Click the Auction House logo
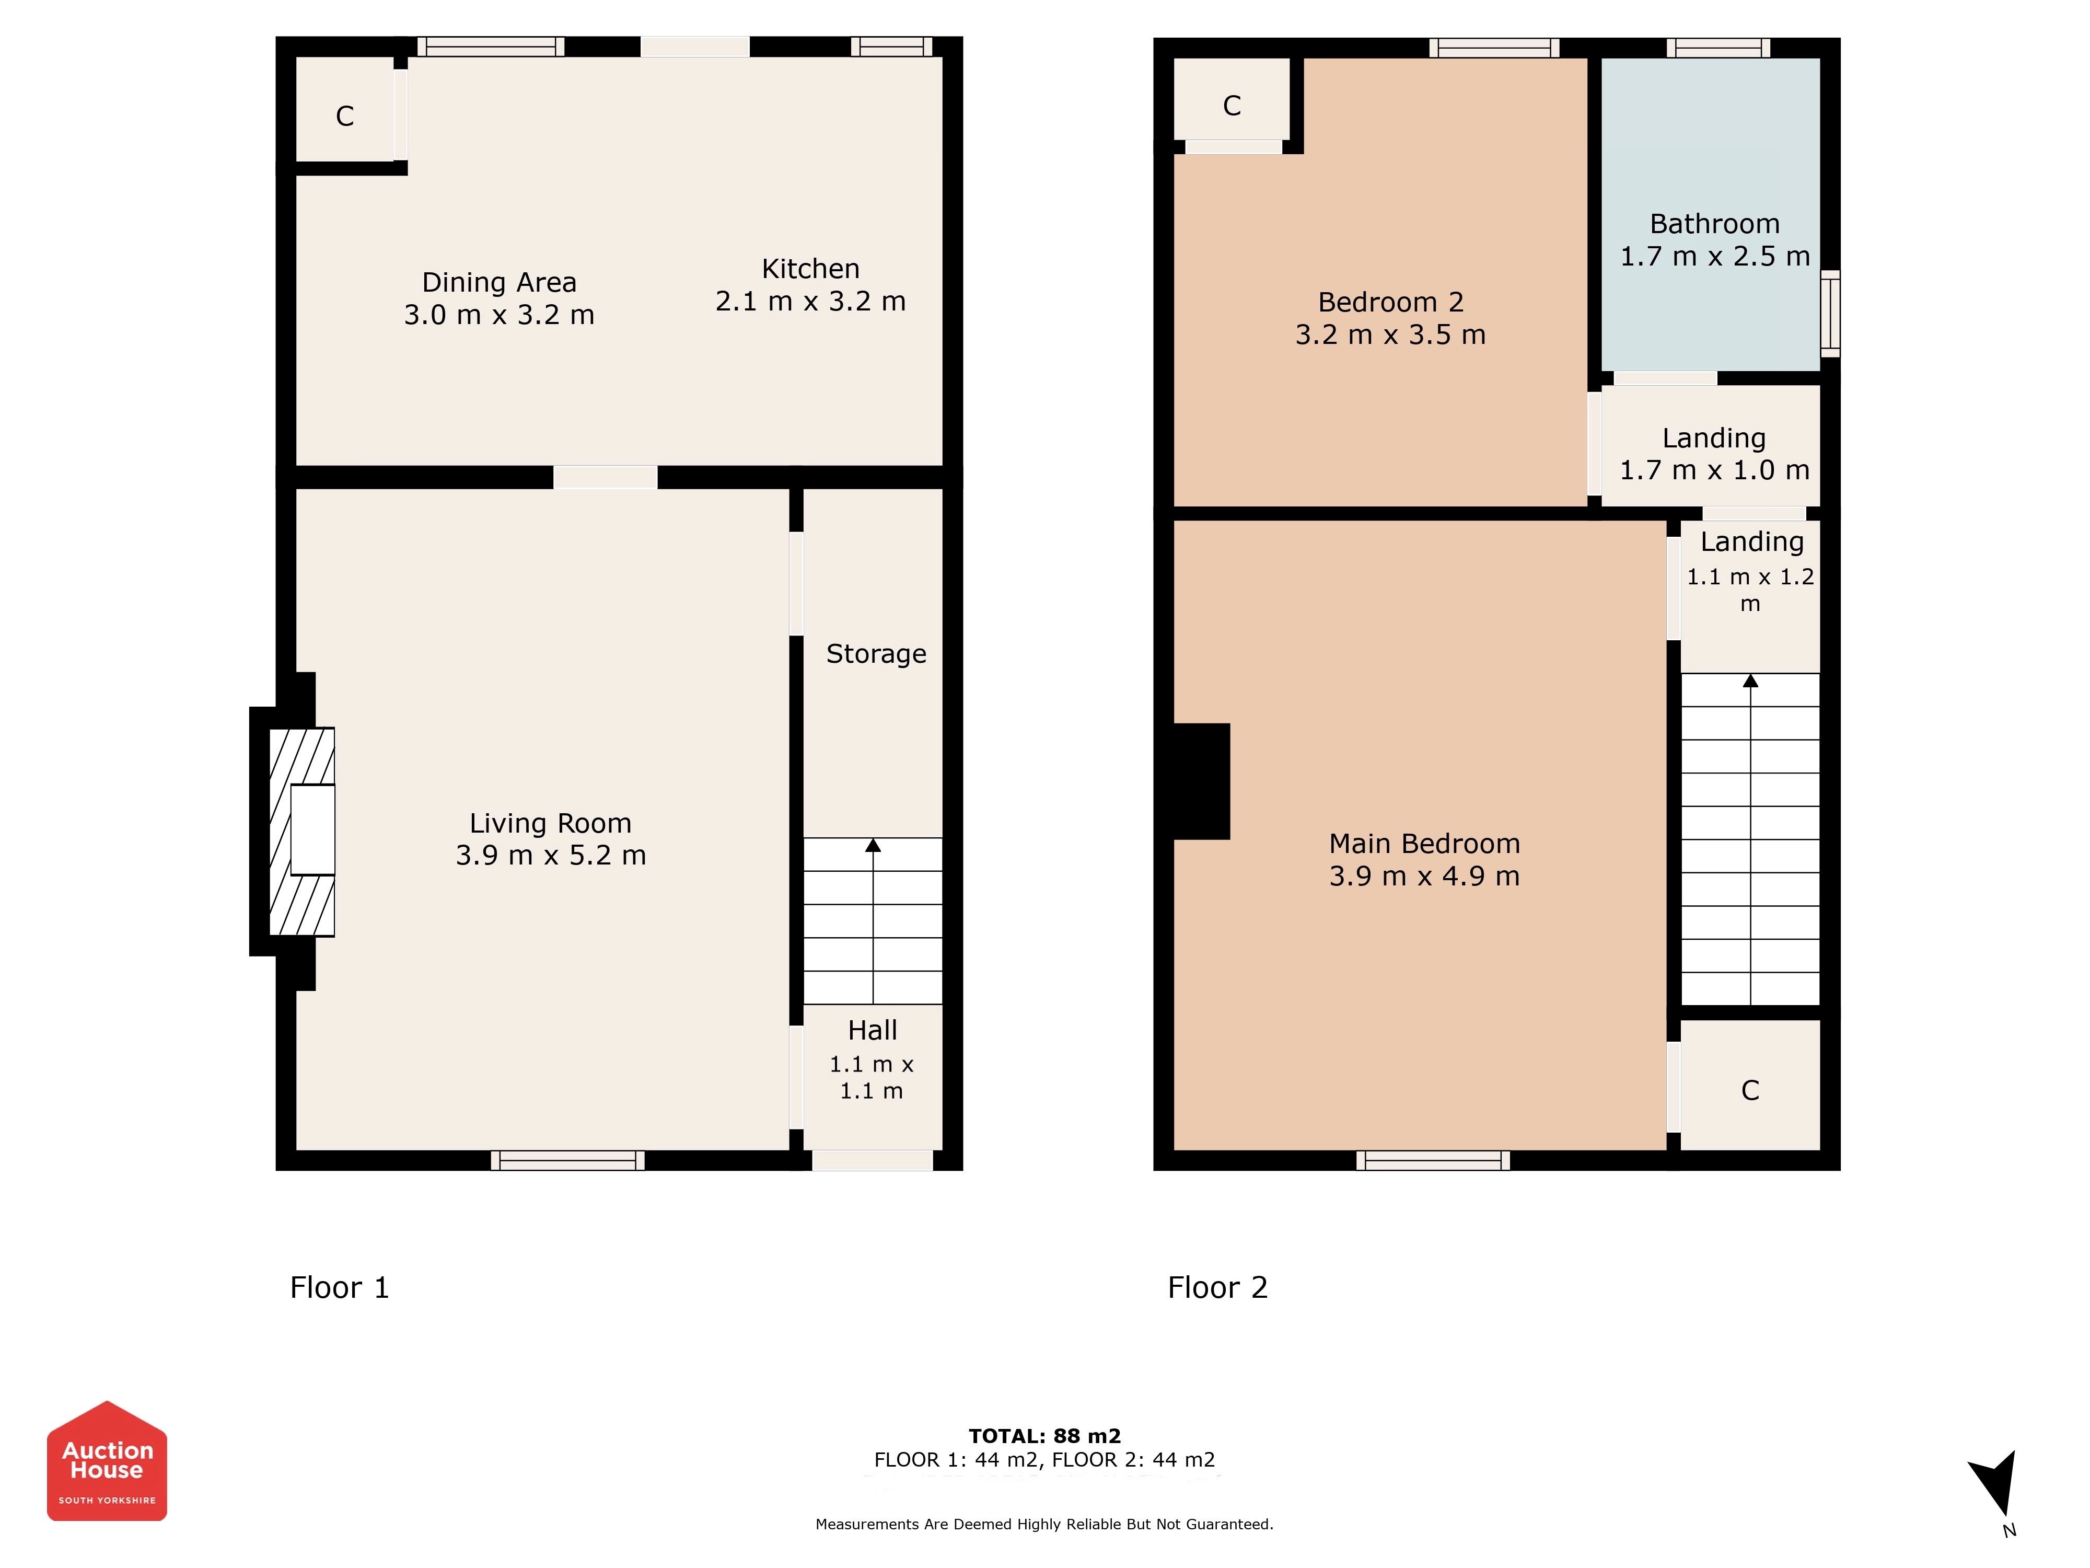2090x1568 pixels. click(107, 1460)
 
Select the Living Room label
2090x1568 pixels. click(551, 823)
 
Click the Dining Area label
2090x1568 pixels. click(499, 283)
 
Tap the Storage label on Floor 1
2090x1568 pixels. click(876, 654)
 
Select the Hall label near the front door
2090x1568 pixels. click(872, 1030)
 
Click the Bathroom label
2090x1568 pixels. click(1715, 224)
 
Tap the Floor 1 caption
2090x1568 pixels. click(339, 1287)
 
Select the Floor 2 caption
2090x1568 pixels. click(1218, 1287)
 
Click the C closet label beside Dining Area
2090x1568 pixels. click(345, 116)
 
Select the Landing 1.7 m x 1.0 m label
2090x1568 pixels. click(1715, 454)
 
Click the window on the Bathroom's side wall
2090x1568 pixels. click(1830, 314)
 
